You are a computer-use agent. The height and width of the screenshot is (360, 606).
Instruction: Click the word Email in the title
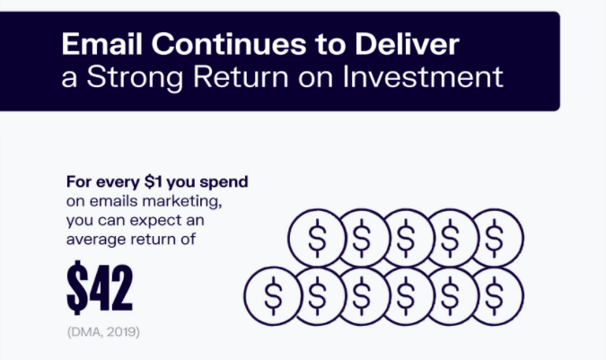(x=102, y=44)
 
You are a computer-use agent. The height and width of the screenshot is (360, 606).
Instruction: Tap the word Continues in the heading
(x=229, y=44)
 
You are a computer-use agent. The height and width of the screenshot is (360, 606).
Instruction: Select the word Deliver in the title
(x=407, y=44)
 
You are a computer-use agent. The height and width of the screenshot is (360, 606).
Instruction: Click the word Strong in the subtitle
(x=135, y=77)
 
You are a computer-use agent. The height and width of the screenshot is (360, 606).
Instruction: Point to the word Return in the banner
(x=241, y=77)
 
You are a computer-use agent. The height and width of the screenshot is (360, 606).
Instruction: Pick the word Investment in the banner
(x=423, y=76)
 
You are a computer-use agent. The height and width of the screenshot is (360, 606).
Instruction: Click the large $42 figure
(x=100, y=286)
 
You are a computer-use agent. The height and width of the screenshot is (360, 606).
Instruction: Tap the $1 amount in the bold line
(x=153, y=181)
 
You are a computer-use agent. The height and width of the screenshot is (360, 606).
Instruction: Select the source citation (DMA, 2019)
(x=103, y=332)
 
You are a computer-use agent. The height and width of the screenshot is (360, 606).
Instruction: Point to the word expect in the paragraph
(x=150, y=221)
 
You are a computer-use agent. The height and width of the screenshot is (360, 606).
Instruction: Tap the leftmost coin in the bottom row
(x=273, y=296)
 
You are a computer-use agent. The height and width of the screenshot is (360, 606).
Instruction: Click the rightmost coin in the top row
(x=495, y=238)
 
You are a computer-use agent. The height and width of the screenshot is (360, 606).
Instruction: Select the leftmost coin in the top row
(x=317, y=238)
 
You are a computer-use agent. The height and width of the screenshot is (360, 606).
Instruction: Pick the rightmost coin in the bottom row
(x=495, y=296)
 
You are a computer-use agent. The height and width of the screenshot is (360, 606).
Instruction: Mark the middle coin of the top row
(x=406, y=238)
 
